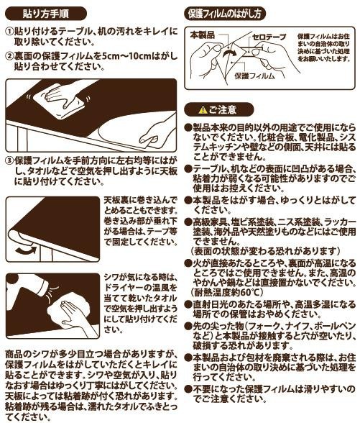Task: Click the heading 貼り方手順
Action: [46, 14]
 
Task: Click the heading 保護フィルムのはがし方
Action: [225, 14]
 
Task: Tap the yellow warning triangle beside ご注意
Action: [203, 110]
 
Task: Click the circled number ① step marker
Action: [9, 32]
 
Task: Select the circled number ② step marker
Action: [9, 56]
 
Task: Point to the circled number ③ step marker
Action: [9, 161]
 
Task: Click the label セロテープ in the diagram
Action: [269, 37]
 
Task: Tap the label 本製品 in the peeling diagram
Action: [203, 35]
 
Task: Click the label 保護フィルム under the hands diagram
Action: [254, 76]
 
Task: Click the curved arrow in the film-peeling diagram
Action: [229, 52]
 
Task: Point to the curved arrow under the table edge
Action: [26, 250]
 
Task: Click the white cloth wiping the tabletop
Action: [59, 101]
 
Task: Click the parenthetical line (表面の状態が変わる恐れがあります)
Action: [265, 251]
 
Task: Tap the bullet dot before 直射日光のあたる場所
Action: [188, 304]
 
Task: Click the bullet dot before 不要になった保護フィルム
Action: [188, 389]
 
